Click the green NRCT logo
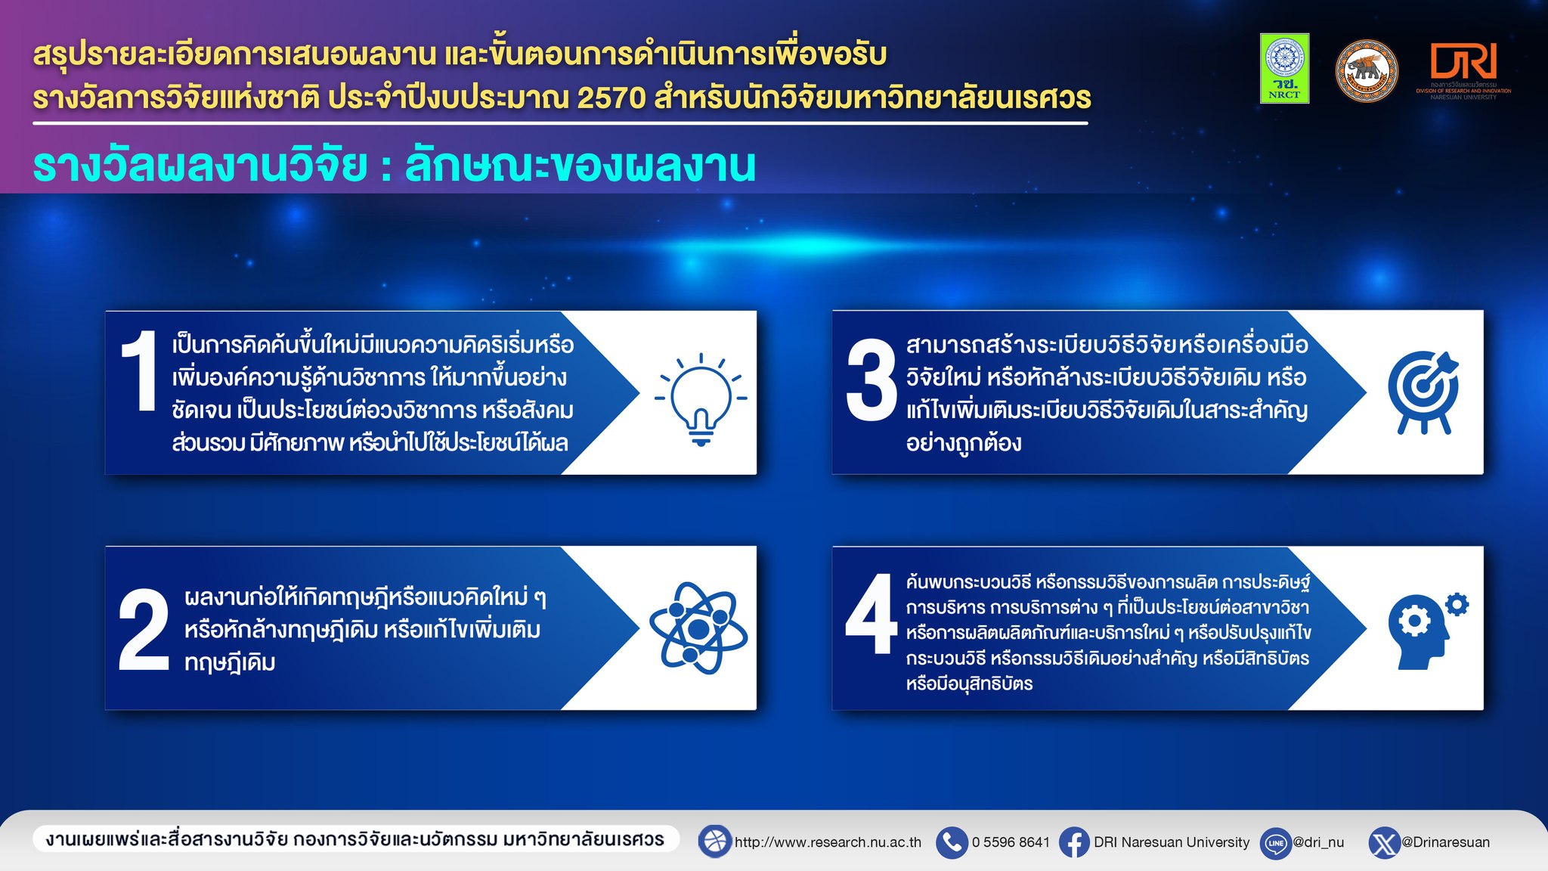(1284, 68)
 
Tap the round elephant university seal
(1367, 71)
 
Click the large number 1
(140, 371)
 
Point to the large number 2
(144, 630)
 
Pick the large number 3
(871, 380)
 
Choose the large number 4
(872, 613)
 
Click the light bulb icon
(701, 399)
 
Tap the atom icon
(698, 628)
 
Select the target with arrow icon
(1423, 392)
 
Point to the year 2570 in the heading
(611, 98)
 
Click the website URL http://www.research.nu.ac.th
(828, 842)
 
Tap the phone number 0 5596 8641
(1011, 842)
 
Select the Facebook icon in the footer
(1074, 842)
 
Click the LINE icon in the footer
(1276, 843)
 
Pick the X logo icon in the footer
(1385, 843)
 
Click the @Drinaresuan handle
(1446, 842)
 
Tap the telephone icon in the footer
(952, 842)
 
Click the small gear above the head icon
(1457, 604)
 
